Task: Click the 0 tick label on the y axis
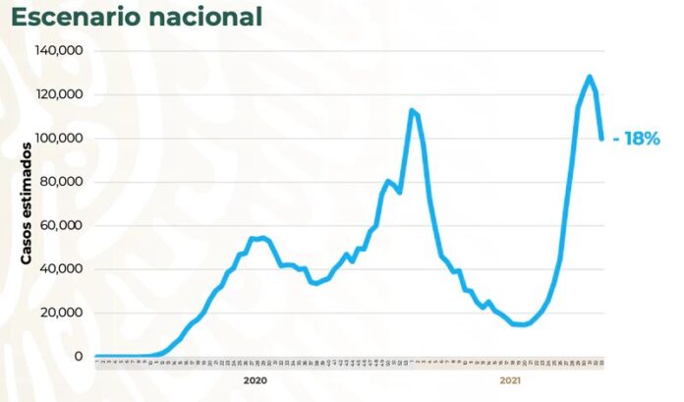pos(79,356)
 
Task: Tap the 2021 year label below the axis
pos(510,379)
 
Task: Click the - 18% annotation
pos(635,139)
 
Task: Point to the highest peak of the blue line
pos(589,77)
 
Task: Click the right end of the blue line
pos(601,139)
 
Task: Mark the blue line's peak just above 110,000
pos(411,110)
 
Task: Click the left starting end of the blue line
pos(95,356)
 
